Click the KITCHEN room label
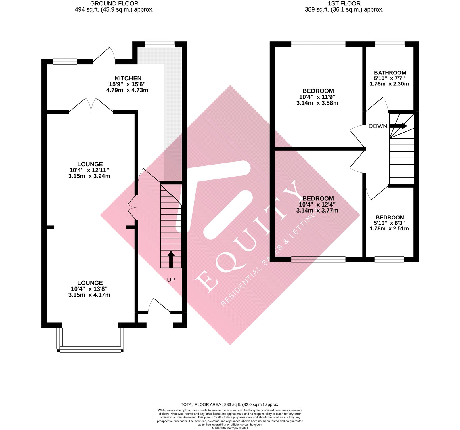(x=128, y=78)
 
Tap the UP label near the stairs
(x=171, y=280)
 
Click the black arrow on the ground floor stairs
(x=171, y=259)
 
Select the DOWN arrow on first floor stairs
(x=398, y=126)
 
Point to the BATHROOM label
(x=390, y=73)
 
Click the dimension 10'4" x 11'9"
(x=317, y=97)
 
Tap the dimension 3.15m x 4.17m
(x=89, y=295)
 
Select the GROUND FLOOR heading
(x=114, y=4)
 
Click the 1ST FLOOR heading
(x=344, y=4)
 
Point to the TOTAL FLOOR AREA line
(x=230, y=404)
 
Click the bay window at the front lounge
(x=90, y=349)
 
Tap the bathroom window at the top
(x=390, y=44)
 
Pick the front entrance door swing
(x=160, y=305)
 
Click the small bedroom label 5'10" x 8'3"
(x=390, y=223)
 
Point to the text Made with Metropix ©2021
(x=230, y=428)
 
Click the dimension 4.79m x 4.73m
(x=127, y=90)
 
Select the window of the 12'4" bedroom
(x=318, y=259)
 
